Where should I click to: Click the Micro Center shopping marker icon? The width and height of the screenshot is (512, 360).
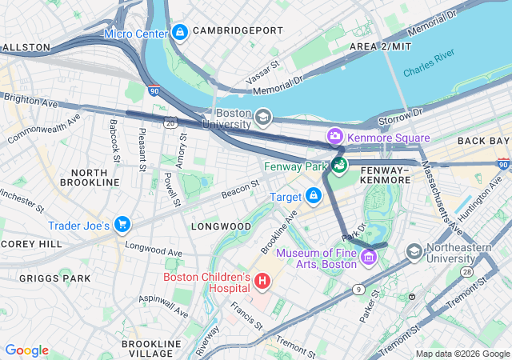[180, 33]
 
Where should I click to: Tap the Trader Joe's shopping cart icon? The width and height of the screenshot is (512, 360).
[122, 226]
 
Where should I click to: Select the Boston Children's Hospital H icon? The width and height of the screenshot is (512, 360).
[262, 282]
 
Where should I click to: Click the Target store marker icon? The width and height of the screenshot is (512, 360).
[313, 195]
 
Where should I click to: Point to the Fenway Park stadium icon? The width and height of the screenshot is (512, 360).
[340, 166]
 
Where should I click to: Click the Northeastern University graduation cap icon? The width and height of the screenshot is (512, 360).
[414, 253]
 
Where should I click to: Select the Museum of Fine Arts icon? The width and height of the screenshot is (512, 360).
[368, 258]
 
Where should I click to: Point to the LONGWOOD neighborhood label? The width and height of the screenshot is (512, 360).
[221, 226]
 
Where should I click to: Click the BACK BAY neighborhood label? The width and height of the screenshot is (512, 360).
[482, 141]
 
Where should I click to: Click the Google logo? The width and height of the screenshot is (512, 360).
[26, 350]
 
